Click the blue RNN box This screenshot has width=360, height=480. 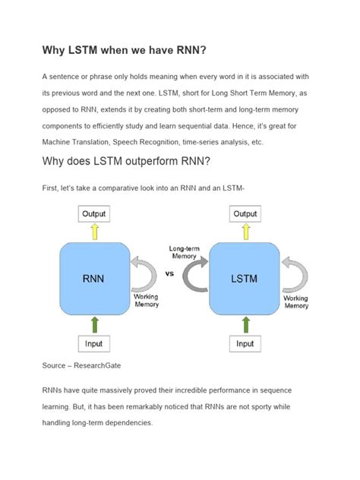[x=93, y=278]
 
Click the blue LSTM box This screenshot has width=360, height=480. [x=245, y=278]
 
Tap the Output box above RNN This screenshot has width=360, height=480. [x=94, y=214]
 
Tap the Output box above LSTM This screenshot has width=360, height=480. [x=245, y=214]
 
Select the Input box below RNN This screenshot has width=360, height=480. [x=94, y=343]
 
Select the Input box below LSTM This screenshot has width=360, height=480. [x=245, y=343]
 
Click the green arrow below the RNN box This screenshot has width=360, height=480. [x=94, y=324]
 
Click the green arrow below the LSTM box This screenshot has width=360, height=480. [x=245, y=324]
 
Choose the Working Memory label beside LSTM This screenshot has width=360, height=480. [x=296, y=302]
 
